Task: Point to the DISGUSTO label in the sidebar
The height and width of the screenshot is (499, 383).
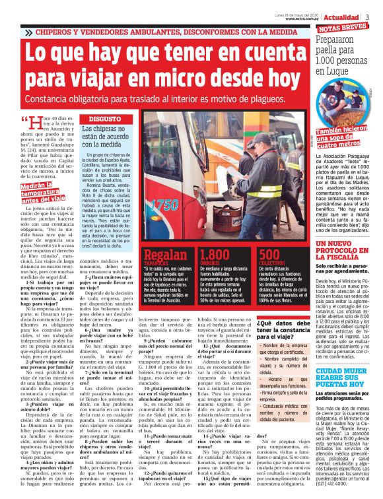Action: pyautogui.click(x=100, y=118)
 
